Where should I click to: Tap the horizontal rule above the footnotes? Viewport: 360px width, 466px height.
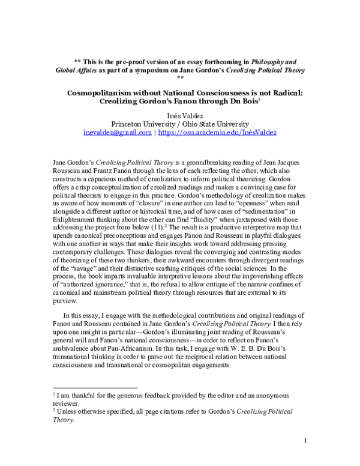pos(96,388)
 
